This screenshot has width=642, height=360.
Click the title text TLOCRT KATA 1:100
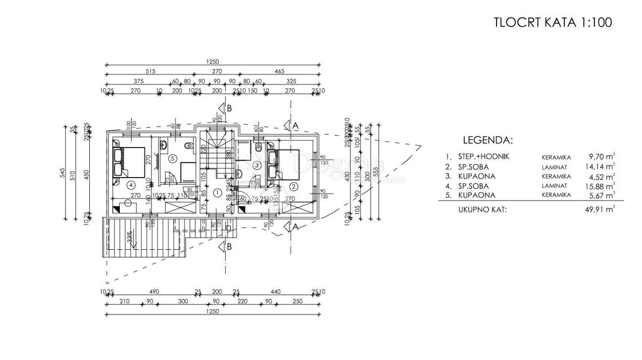552,22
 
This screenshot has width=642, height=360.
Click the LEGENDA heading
487,141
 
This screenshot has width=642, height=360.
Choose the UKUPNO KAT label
482,209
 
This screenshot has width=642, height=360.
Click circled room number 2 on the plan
293,186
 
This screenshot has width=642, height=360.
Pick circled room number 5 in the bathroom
172,158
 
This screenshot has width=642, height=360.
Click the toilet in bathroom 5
186,146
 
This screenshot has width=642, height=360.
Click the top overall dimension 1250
213,62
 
